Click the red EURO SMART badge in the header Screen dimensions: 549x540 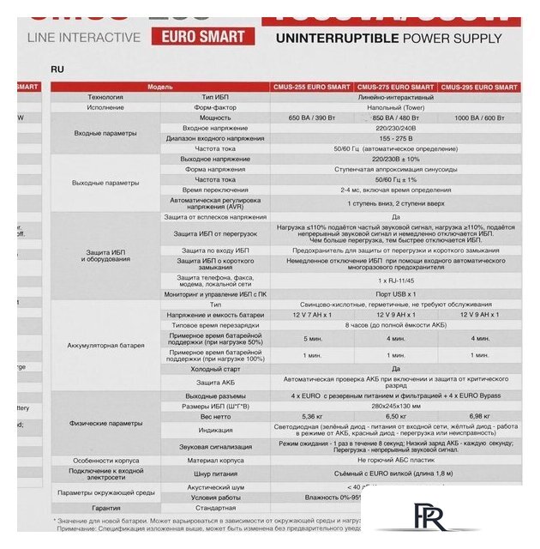click(x=203, y=37)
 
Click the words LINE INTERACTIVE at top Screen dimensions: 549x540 click(x=83, y=38)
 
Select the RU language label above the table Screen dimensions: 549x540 click(x=57, y=68)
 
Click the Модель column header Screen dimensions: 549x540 click(x=160, y=87)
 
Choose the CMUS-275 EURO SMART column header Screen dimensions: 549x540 click(x=395, y=87)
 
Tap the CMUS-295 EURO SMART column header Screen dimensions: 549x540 click(x=480, y=87)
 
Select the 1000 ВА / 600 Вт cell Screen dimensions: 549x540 click(x=480, y=117)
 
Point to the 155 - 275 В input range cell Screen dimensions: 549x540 click(x=395, y=138)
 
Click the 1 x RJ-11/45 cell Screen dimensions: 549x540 click(x=395, y=281)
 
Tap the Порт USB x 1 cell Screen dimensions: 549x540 click(x=395, y=294)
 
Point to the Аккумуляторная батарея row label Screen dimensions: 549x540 click(x=105, y=346)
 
